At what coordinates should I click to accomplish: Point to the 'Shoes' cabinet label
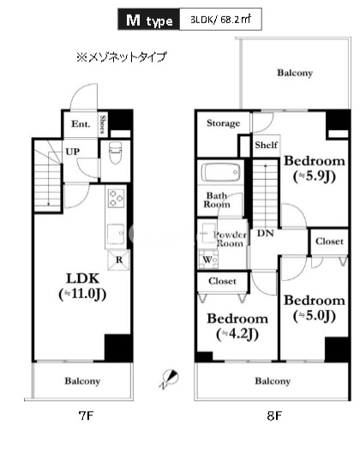(102, 125)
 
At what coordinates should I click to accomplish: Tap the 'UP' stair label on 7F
(75, 152)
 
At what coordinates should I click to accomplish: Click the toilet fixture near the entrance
(115, 155)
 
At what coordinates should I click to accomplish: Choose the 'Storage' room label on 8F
(223, 124)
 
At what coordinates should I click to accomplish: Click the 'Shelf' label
(265, 146)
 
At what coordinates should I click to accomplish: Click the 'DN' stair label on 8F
(266, 233)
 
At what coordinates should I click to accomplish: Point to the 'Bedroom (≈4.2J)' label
(236, 326)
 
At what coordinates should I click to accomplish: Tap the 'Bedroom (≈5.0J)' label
(315, 308)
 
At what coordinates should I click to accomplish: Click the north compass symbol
(170, 376)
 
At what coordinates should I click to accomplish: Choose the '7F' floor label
(85, 415)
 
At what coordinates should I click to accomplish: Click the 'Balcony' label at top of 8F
(295, 74)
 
